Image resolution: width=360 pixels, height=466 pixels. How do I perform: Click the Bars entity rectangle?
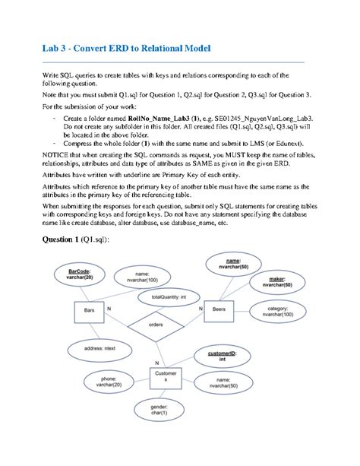tap(89, 312)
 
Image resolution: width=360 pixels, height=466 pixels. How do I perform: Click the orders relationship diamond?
tap(155, 325)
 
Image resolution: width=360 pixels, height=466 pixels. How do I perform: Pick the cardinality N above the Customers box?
tap(157, 363)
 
